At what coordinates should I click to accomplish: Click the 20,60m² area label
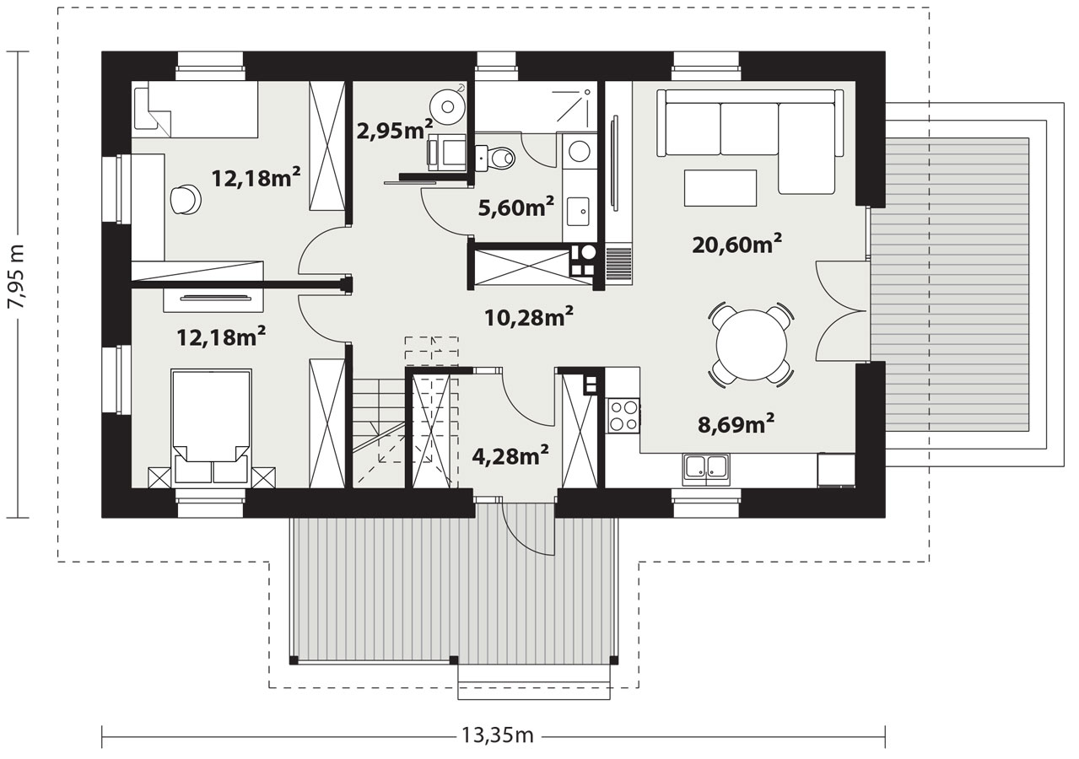pyautogui.click(x=736, y=244)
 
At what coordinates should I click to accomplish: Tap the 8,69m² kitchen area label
pyautogui.click(x=736, y=424)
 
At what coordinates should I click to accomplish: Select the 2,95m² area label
pyautogui.click(x=395, y=130)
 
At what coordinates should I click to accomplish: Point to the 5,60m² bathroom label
pyautogui.click(x=516, y=207)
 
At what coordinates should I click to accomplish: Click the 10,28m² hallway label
pyautogui.click(x=528, y=316)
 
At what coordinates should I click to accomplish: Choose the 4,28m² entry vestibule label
pyautogui.click(x=510, y=455)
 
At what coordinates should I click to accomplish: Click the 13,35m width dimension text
pyautogui.click(x=498, y=735)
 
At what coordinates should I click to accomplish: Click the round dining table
pyautogui.click(x=752, y=345)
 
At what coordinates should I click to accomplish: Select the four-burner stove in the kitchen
pyautogui.click(x=624, y=416)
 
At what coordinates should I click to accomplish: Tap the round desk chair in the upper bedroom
pyautogui.click(x=186, y=199)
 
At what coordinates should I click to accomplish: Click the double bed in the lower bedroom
pyautogui.click(x=212, y=426)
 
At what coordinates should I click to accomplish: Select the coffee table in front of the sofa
pyautogui.click(x=720, y=188)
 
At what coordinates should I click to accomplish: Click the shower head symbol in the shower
pyautogui.click(x=587, y=92)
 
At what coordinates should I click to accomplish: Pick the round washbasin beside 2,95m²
pyautogui.click(x=448, y=106)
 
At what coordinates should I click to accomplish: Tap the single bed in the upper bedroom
pyautogui.click(x=196, y=110)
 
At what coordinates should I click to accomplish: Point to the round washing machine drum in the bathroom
pyautogui.click(x=580, y=151)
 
